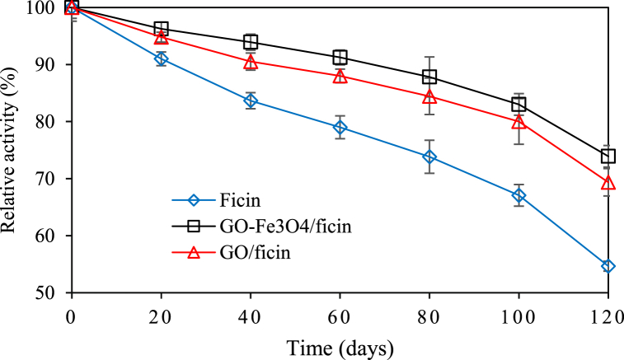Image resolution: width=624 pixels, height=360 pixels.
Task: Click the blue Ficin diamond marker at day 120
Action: tap(608, 266)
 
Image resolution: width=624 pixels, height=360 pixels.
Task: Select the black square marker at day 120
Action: tap(608, 157)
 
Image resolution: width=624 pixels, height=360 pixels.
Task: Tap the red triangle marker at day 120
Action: tap(608, 182)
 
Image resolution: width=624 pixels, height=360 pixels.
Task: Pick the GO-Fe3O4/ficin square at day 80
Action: tap(429, 77)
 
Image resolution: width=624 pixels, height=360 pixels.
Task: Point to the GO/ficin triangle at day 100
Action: tap(518, 122)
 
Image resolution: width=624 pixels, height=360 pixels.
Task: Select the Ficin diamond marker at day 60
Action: tap(340, 127)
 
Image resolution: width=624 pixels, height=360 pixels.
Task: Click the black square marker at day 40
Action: tap(251, 42)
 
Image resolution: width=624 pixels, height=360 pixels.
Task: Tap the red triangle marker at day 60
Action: tap(340, 76)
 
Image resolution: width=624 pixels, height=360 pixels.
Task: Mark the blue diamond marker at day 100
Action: tap(518, 195)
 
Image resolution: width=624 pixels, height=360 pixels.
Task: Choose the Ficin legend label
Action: tap(243, 200)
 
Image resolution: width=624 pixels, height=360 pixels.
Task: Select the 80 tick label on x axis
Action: tap(429, 315)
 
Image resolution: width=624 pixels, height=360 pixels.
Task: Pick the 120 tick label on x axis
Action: tap(607, 315)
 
